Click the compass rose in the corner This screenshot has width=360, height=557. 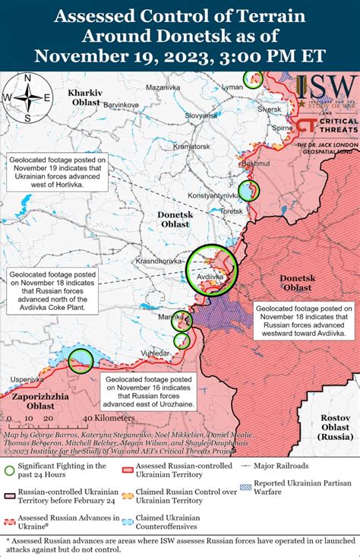(27, 97)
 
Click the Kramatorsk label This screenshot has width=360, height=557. (191, 145)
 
